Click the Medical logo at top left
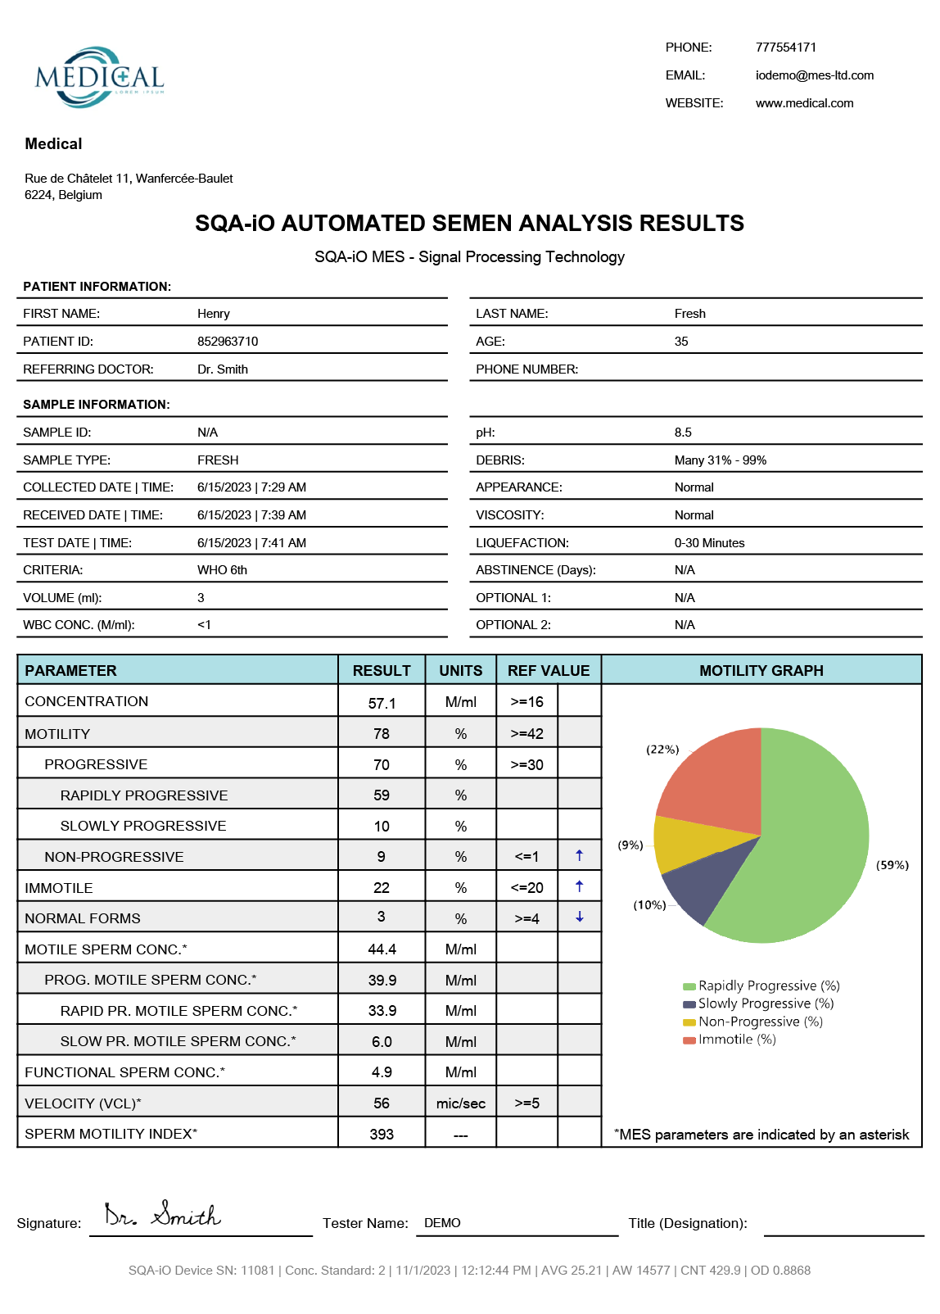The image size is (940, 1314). [x=99, y=77]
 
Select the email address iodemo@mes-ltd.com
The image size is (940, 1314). [x=814, y=75]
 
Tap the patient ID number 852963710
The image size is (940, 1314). [x=228, y=342]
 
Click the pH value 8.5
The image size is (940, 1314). [x=683, y=433]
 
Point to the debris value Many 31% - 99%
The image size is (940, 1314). [x=720, y=460]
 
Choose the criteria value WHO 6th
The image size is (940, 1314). [x=222, y=570]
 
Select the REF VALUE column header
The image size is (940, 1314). [x=548, y=671]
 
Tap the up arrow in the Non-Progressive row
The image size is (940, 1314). [x=579, y=856]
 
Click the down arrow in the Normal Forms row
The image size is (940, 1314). [x=579, y=918]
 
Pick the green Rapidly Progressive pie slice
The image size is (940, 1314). [x=811, y=844]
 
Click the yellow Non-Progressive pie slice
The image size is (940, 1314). [x=688, y=844]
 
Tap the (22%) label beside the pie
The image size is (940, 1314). [x=662, y=750]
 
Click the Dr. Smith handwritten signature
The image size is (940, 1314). [x=162, y=1215]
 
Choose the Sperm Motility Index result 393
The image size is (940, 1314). [x=382, y=1135]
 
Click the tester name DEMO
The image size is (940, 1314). [x=442, y=1223]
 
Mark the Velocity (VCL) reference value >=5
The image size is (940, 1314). [x=526, y=1103]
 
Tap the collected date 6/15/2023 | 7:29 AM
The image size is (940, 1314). [x=251, y=487]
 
